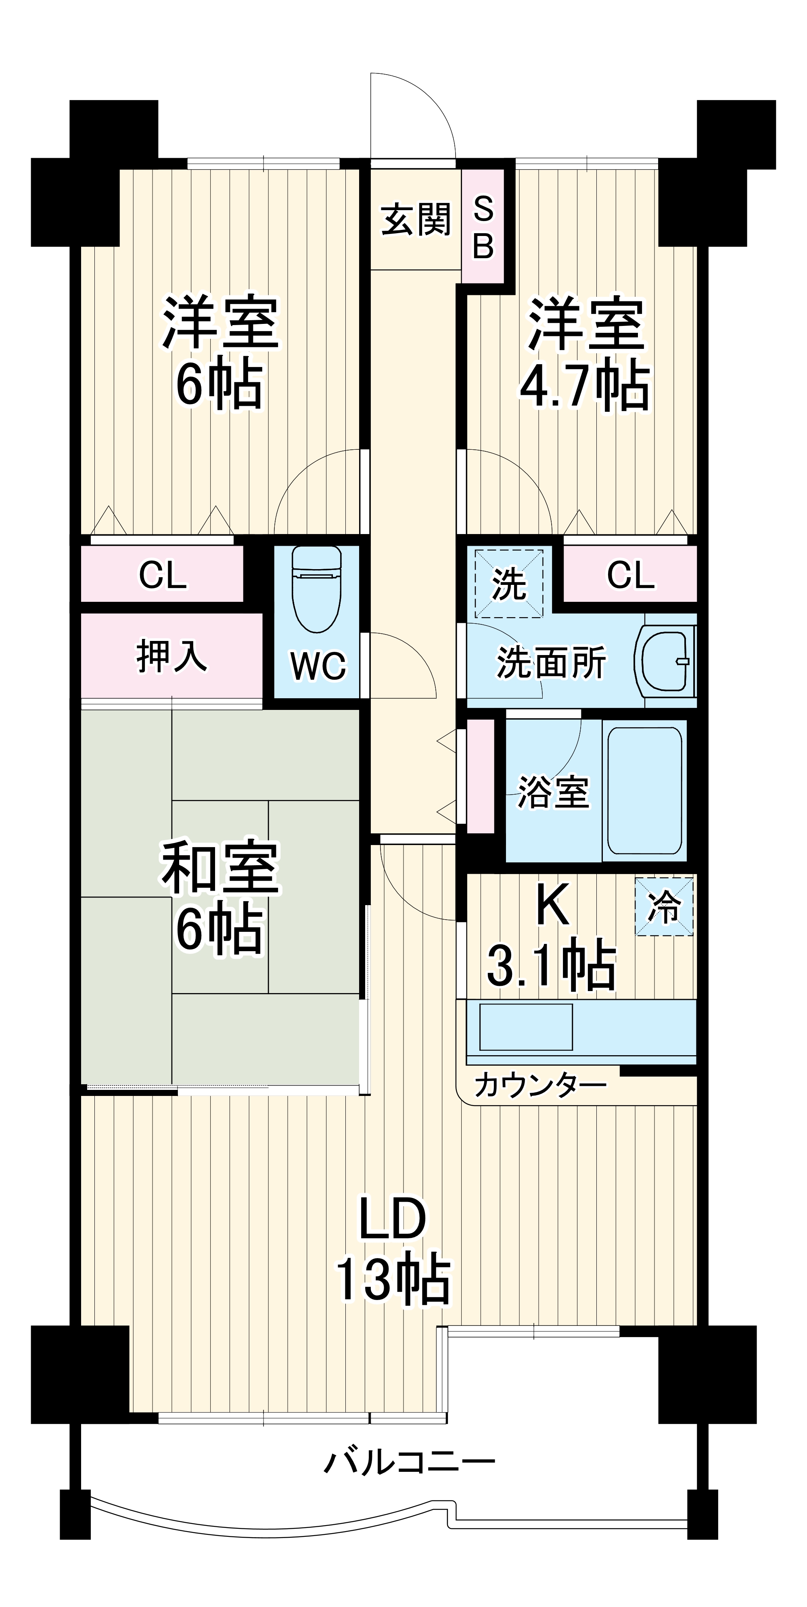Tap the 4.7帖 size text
[x=585, y=386]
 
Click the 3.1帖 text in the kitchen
[x=550, y=966]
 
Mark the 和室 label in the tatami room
[x=220, y=868]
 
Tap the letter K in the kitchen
[x=552, y=905]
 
